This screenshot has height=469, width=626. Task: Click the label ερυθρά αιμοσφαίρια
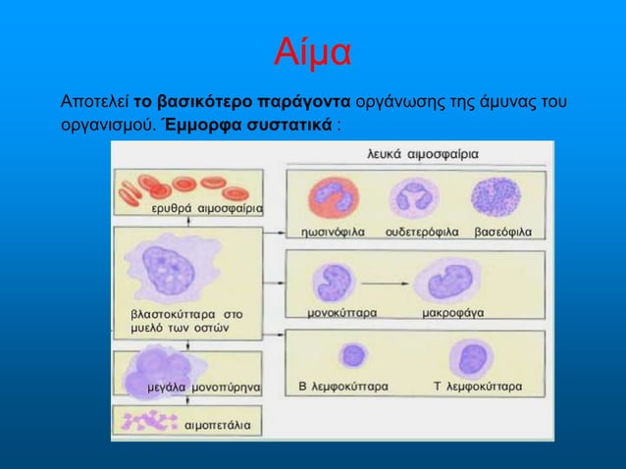pos(206,209)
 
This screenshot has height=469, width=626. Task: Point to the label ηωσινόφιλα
pos(333,233)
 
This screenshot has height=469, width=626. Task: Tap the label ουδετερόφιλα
pos(422,233)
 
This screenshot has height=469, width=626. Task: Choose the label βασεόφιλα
pos(502,233)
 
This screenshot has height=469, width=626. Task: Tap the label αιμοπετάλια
pos(217,426)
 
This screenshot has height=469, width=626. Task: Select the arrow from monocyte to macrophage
pos(383,282)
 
